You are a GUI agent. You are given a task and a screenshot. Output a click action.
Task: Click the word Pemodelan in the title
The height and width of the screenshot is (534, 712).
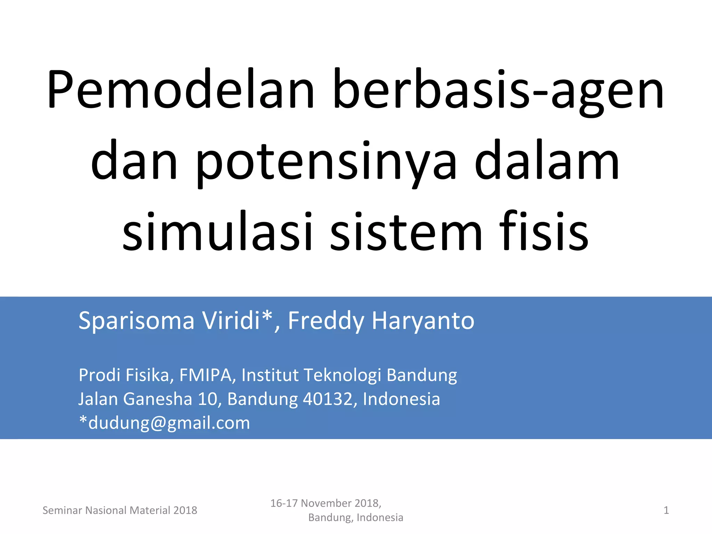(180, 90)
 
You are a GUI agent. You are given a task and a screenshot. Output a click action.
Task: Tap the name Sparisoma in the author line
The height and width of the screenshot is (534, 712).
(136, 321)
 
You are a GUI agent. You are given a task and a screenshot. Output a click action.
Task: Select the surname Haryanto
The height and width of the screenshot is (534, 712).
(423, 321)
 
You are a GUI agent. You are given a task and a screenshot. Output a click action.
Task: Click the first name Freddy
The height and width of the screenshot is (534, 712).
(326, 321)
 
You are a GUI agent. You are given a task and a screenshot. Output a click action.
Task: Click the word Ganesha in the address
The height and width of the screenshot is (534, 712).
(157, 399)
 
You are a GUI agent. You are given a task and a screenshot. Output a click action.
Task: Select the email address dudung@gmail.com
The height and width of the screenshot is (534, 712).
(169, 423)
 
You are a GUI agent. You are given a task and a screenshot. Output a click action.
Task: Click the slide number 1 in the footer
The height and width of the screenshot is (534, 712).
(666, 510)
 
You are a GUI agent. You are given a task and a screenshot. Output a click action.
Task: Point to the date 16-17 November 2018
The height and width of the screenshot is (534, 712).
(326, 503)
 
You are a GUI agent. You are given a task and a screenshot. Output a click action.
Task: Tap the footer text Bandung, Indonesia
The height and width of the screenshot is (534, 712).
(356, 518)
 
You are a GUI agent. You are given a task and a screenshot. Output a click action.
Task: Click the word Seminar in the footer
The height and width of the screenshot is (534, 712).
(62, 510)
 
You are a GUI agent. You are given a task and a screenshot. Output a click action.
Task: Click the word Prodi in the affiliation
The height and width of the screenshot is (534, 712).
(99, 375)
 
